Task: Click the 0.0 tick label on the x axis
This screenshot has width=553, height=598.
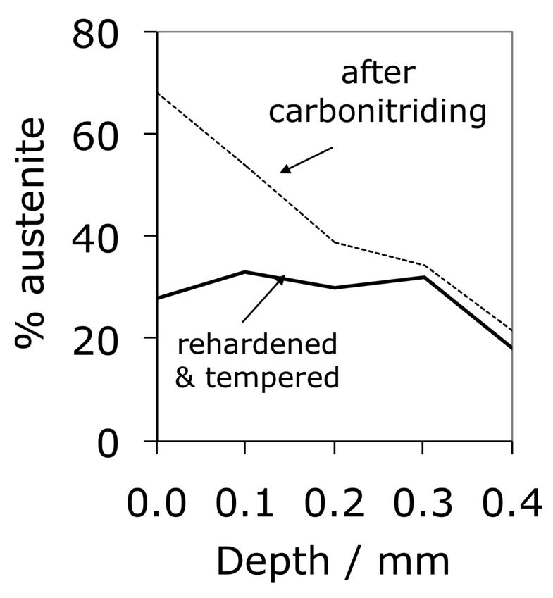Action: (x=156, y=504)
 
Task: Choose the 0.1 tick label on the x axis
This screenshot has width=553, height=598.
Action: (x=245, y=504)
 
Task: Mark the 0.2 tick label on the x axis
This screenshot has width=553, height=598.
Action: (x=334, y=504)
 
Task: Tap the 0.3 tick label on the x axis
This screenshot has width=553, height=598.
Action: (x=423, y=504)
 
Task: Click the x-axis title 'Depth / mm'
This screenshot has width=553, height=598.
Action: (x=332, y=562)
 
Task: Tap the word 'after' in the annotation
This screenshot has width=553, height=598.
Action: (x=378, y=74)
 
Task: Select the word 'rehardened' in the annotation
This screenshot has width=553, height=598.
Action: (x=256, y=344)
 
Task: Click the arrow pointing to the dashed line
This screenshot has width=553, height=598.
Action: (x=306, y=159)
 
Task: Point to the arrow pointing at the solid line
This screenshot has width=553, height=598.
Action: (x=263, y=299)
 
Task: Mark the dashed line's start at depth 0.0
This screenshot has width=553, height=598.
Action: (x=157, y=93)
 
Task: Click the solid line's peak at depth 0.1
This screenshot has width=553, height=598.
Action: (x=245, y=271)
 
